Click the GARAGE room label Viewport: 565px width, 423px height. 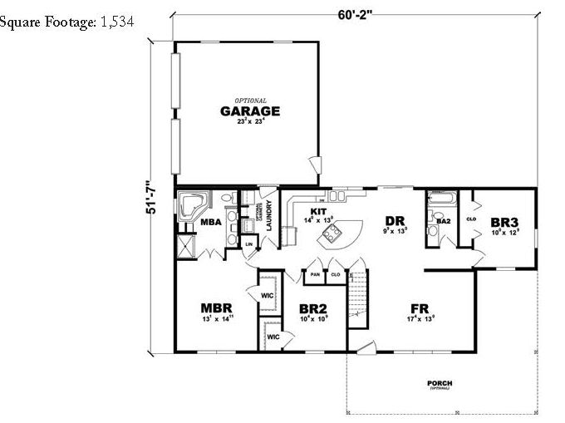(x=249, y=111)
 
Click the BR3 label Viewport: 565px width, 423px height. (x=504, y=223)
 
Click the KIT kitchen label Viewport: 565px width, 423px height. (x=317, y=211)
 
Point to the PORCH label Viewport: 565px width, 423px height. (x=440, y=384)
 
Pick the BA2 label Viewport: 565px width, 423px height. (x=443, y=221)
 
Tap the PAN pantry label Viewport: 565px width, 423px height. (x=315, y=273)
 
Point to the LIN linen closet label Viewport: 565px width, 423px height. (x=248, y=243)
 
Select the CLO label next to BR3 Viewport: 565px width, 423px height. (x=470, y=219)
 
